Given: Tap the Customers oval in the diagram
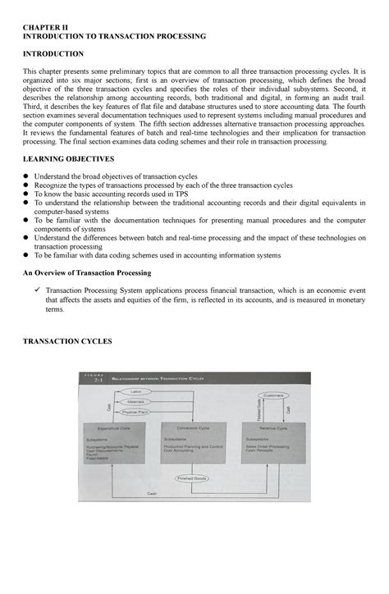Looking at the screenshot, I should pyautogui.click(x=272, y=395).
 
